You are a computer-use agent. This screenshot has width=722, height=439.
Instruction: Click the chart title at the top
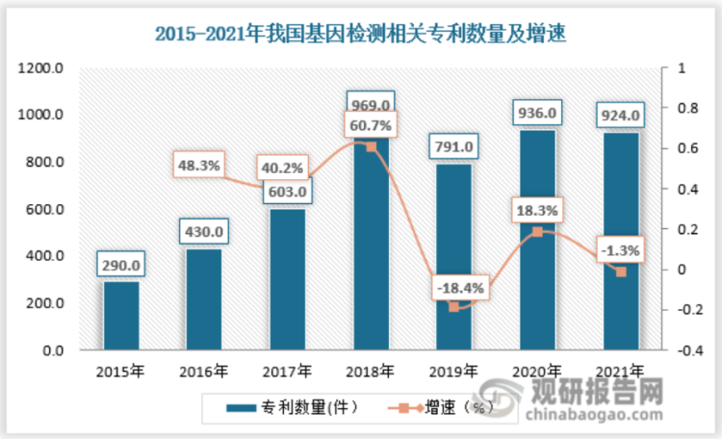[361, 35]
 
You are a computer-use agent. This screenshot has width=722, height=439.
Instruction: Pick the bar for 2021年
[620, 242]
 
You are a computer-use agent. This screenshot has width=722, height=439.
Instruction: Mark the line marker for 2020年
[537, 232]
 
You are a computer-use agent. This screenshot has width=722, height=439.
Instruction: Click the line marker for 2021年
[621, 271]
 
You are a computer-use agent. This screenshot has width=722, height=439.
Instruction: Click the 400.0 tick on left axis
[46, 257]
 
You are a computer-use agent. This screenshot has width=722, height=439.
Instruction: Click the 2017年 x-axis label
[288, 371]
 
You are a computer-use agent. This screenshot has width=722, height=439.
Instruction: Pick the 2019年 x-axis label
[454, 371]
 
